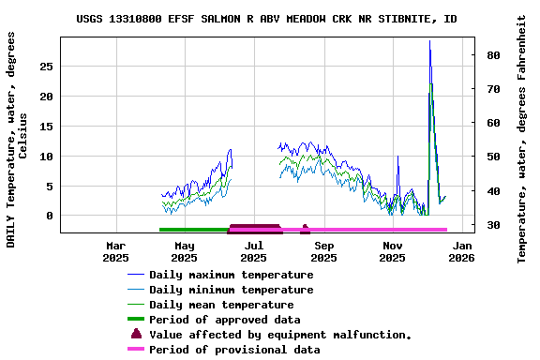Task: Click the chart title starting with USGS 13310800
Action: point(266,19)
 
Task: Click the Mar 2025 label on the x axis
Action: point(115,251)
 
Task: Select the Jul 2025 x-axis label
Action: point(254,251)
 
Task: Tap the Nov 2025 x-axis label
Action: point(393,251)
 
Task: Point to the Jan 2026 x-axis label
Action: point(462,251)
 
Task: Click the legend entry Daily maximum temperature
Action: point(232,275)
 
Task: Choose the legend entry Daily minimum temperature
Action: point(232,290)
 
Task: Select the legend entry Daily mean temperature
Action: point(221,305)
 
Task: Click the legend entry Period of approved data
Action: point(225,320)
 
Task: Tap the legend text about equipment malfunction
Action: point(280,335)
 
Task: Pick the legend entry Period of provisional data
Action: point(234,350)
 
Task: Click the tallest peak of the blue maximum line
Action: point(430,42)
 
